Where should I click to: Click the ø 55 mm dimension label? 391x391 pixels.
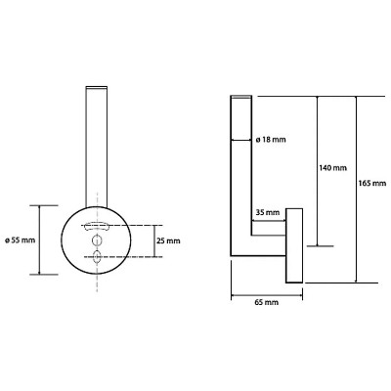[x=20, y=240]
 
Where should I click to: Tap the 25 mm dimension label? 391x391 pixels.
[x=168, y=241]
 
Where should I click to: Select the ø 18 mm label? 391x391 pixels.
[x=271, y=140]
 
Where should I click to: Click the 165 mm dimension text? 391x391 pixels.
[x=371, y=183]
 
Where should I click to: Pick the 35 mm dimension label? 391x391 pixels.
[x=268, y=213]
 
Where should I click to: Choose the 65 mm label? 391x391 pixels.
[x=267, y=302]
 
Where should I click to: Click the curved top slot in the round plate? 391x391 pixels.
[x=96, y=226]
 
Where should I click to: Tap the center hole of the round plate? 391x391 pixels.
[x=97, y=240]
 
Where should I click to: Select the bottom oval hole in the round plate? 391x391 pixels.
[x=97, y=256]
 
